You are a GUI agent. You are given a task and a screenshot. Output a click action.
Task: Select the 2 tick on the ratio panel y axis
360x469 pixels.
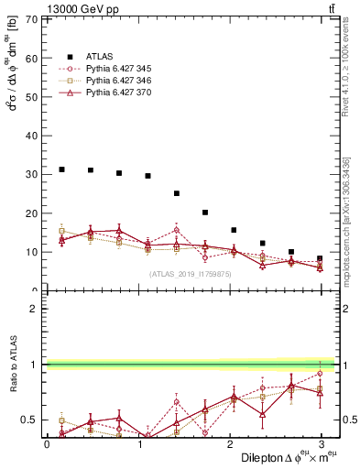tap(34, 309)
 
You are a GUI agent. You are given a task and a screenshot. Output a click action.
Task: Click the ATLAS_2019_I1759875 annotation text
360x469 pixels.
tap(191, 274)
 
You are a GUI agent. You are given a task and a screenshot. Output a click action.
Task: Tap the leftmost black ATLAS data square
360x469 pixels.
tap(61, 169)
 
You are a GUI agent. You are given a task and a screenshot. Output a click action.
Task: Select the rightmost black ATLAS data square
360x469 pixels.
tap(320, 258)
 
